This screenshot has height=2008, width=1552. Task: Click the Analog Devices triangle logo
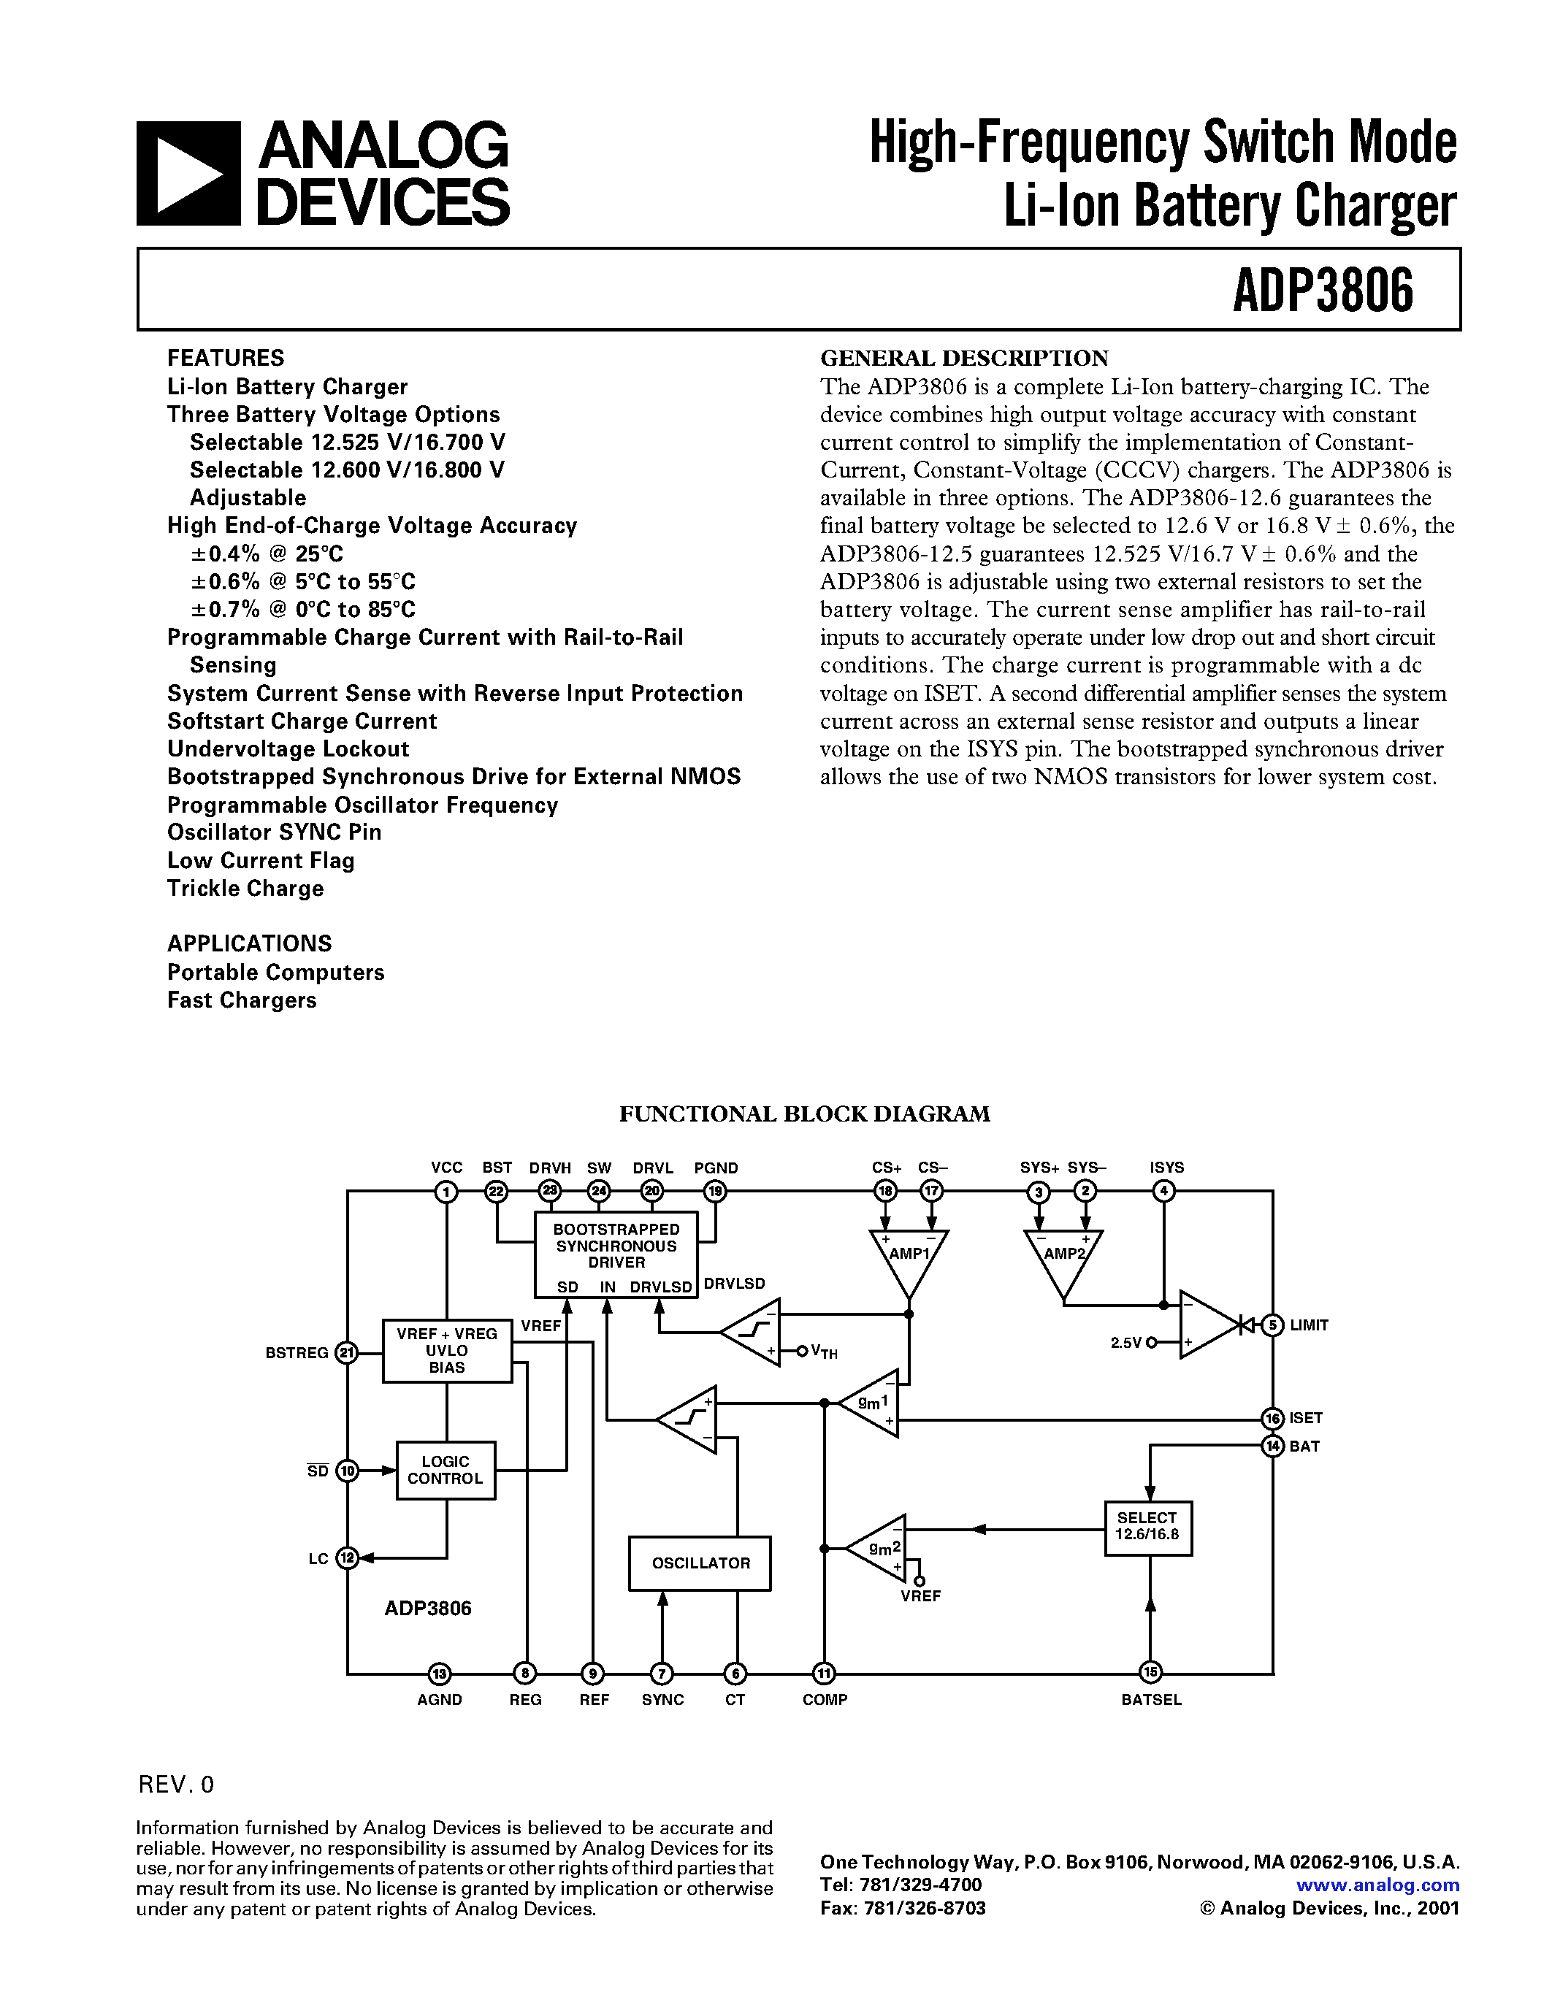188,174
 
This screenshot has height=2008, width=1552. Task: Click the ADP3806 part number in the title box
1322,291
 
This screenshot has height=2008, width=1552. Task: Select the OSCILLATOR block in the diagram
700,1563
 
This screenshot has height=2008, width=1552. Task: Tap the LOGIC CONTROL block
445,1470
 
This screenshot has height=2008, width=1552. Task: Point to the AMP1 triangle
909,1258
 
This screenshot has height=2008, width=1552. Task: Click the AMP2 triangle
1064,1258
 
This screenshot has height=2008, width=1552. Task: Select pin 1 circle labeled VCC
447,1192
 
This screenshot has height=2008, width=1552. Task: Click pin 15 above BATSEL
1150,1672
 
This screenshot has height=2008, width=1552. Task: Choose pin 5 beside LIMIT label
1272,1325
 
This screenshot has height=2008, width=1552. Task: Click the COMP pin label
825,1700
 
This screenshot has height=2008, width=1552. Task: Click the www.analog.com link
1377,1885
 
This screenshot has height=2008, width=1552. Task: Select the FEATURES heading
225,358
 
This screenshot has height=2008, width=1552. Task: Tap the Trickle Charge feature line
245,888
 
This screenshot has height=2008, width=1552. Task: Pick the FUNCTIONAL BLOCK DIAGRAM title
805,1114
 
